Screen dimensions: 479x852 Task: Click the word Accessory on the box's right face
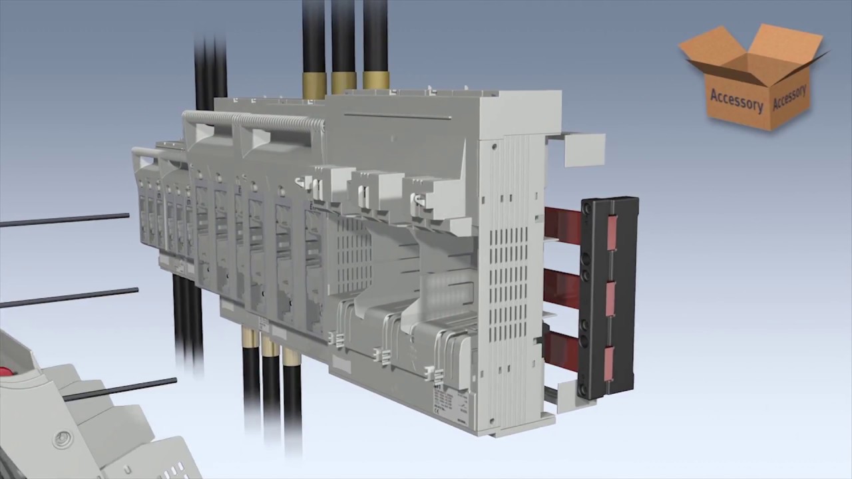[x=790, y=97]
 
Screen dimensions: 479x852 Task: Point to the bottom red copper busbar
[x=561, y=347]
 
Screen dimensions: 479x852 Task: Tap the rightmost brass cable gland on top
[x=376, y=80]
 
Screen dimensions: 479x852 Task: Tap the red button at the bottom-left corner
[x=7, y=371]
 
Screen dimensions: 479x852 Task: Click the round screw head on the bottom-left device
[x=64, y=439]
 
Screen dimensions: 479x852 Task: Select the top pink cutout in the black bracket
[x=611, y=230]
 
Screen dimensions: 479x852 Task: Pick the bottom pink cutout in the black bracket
[x=609, y=363]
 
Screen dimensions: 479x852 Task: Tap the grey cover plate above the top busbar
[x=584, y=149]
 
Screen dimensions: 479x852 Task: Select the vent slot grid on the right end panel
[x=513, y=266]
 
